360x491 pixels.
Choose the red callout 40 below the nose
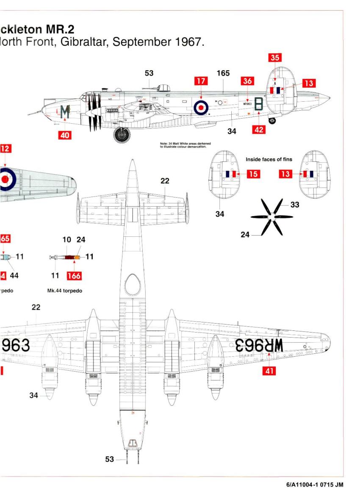click(65, 135)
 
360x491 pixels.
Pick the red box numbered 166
click(75, 276)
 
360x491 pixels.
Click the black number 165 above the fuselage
click(223, 73)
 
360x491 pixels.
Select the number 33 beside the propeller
click(295, 205)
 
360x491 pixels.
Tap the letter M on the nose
click(64, 112)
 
